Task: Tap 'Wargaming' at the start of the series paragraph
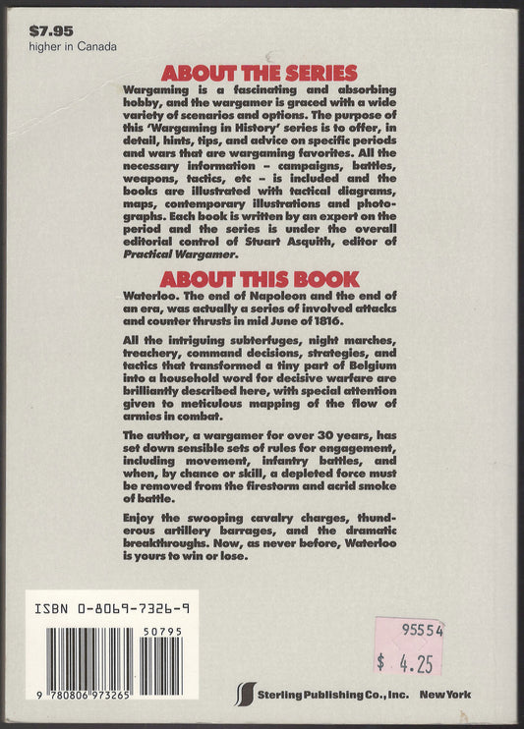point(158,89)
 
